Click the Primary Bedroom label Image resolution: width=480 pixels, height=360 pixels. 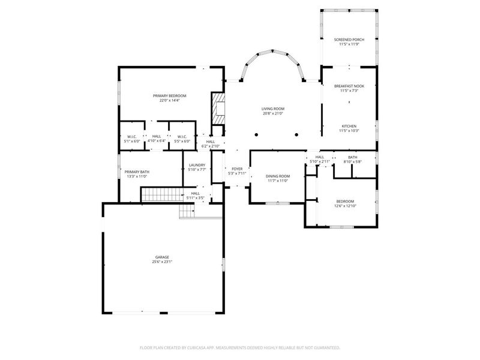pyautogui.click(x=169, y=96)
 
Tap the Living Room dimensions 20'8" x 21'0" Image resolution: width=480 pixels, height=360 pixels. pyautogui.click(x=272, y=113)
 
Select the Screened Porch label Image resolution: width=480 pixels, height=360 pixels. pyautogui.click(x=349, y=40)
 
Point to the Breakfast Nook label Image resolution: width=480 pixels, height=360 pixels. pyautogui.click(x=349, y=86)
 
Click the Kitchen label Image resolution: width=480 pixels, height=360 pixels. pyautogui.click(x=349, y=126)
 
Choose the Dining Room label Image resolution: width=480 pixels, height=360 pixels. pyautogui.click(x=277, y=176)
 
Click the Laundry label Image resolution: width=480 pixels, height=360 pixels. pyautogui.click(x=197, y=165)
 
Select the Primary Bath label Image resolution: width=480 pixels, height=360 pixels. pyautogui.click(x=137, y=172)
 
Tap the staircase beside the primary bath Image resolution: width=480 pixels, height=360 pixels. pyautogui.click(x=161, y=194)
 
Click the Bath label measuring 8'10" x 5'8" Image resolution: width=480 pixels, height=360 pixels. pyautogui.click(x=352, y=157)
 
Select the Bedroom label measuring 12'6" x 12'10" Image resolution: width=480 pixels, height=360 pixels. pyautogui.click(x=344, y=201)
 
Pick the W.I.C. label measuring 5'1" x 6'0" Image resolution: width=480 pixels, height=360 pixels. pyautogui.click(x=132, y=136)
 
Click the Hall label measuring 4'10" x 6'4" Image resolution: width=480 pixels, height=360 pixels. pyautogui.click(x=156, y=136)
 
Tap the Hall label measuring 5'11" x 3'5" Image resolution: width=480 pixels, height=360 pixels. pyautogui.click(x=196, y=193)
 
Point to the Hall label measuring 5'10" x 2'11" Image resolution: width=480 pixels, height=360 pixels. pyautogui.click(x=316, y=157)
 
